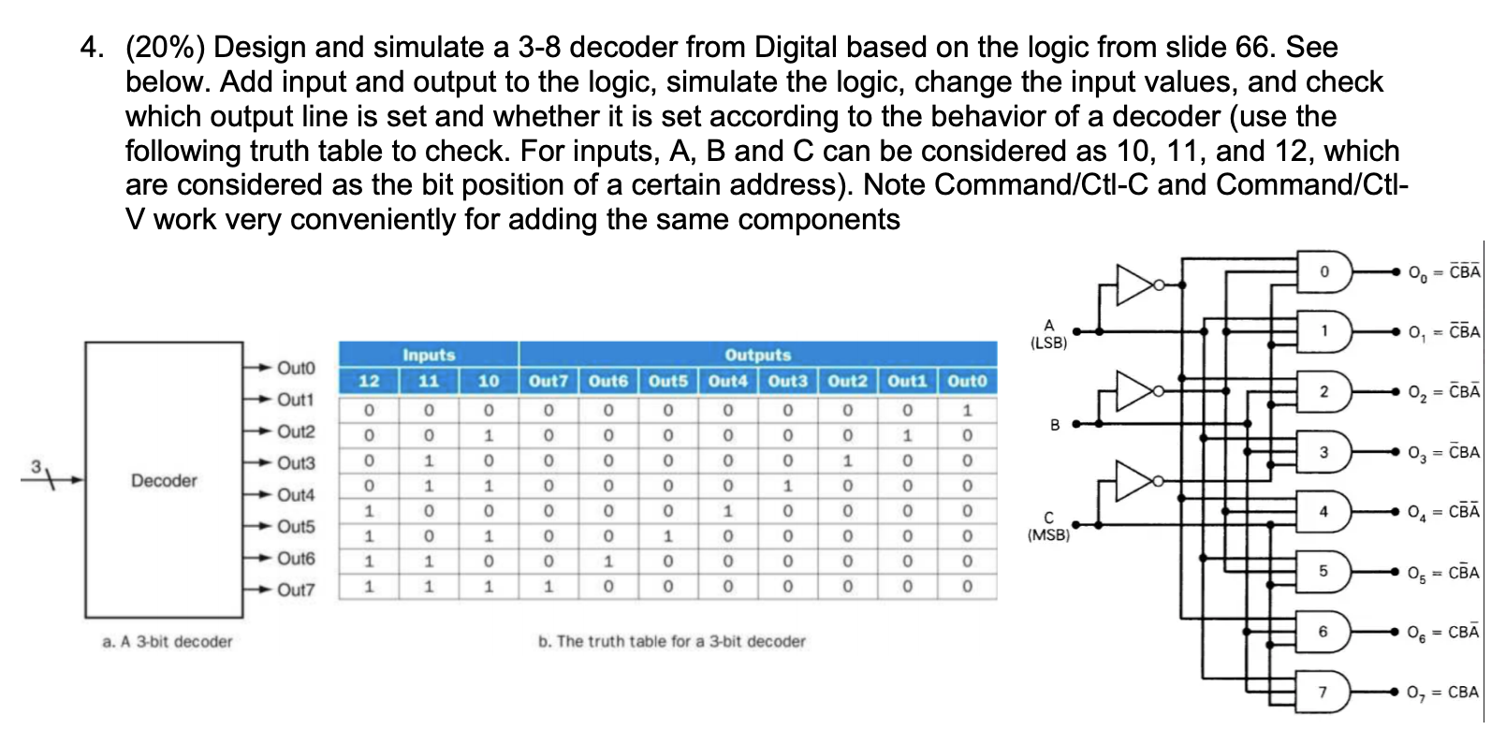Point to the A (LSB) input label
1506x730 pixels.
[1048, 334]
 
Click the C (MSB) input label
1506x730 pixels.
[1048, 526]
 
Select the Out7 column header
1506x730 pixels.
[548, 381]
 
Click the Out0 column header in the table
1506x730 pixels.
[967, 381]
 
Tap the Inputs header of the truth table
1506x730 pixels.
[429, 355]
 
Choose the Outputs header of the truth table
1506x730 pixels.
[757, 355]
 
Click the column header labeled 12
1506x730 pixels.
[369, 381]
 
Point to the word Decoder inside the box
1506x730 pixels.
[164, 480]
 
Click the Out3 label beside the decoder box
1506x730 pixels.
[296, 463]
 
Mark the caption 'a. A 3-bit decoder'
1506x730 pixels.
[168, 641]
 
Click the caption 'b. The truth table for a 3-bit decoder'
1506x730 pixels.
[671, 641]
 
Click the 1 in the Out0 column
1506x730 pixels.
[967, 410]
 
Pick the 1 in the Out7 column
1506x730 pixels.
[548, 587]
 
